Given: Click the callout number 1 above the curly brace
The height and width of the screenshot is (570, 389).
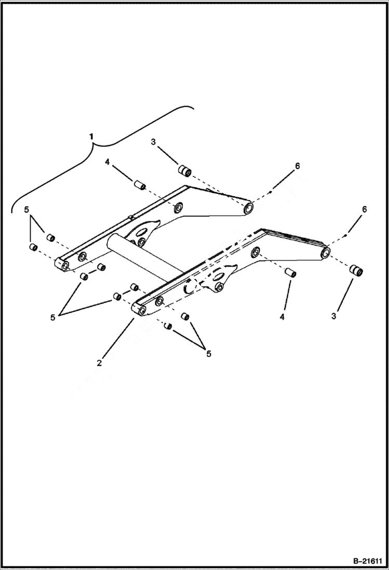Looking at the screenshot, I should click(92, 136).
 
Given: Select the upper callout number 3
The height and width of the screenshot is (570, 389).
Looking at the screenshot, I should click(153, 142).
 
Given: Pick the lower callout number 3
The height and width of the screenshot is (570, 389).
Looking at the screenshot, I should click(334, 316).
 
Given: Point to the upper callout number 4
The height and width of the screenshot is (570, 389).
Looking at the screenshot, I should click(108, 162).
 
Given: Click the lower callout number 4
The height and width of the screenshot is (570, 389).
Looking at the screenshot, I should click(283, 316).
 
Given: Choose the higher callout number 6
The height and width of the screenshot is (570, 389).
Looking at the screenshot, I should click(297, 166).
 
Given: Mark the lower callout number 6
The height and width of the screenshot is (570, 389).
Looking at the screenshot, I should click(364, 209).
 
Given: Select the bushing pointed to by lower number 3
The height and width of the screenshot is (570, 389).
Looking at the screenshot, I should click(356, 271).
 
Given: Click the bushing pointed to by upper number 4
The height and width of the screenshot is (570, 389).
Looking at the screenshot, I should click(139, 184).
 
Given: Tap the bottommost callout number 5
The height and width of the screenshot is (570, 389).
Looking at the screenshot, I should click(208, 353).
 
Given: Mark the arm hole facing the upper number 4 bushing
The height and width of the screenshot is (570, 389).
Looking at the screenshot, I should click(177, 208).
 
